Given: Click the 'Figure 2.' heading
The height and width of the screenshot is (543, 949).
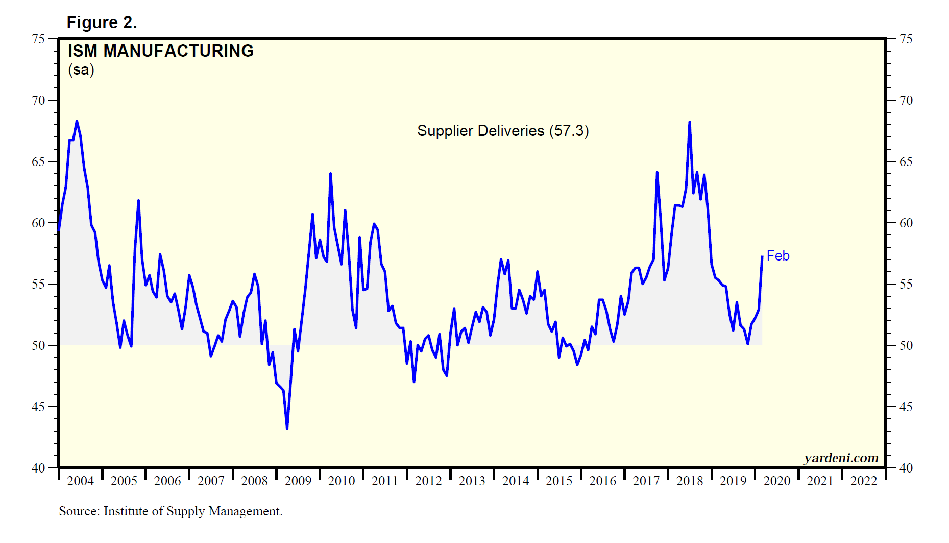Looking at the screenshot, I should click(102, 22).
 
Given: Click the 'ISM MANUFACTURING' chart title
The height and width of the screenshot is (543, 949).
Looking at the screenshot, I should click(161, 51).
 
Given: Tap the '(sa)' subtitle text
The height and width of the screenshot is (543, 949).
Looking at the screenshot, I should click(81, 69).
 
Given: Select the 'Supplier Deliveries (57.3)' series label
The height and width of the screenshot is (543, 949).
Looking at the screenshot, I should click(503, 131).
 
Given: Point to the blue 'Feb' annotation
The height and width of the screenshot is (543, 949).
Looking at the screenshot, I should click(778, 256).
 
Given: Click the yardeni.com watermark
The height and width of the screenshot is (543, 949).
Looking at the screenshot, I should click(841, 458).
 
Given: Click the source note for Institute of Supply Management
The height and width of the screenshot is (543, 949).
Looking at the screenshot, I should click(171, 511).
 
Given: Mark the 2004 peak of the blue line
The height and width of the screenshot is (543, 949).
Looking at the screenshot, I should click(77, 121).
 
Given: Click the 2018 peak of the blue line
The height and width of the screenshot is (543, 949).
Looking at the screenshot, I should click(689, 122).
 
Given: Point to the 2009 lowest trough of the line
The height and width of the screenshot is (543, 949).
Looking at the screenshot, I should click(287, 428).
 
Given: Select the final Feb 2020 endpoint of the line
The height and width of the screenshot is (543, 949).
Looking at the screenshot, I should click(762, 256).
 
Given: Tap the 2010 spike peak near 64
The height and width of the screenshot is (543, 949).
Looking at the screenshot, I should click(330, 174).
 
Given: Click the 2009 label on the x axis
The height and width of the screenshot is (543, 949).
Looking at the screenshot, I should click(298, 481).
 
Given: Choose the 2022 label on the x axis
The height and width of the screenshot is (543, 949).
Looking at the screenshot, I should click(863, 481).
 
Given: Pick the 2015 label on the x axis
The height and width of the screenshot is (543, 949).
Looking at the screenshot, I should click(559, 481).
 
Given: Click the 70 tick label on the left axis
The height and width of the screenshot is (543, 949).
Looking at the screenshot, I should click(38, 100).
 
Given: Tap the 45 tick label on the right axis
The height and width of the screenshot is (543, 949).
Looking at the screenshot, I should click(906, 407).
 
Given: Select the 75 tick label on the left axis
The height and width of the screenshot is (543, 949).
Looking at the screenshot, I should click(38, 39).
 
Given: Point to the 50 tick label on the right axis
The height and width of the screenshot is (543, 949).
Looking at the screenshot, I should click(906, 345).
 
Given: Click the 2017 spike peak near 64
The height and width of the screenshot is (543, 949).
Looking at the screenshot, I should click(657, 173).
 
